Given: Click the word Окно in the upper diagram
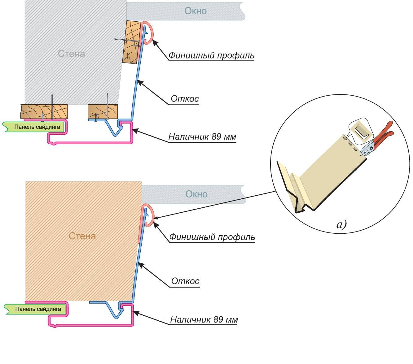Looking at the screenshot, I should click(x=196, y=11).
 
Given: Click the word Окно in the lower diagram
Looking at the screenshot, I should click(x=196, y=194).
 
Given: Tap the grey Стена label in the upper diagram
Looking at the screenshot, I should click(x=71, y=54).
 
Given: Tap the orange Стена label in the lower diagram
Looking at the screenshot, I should click(x=82, y=236).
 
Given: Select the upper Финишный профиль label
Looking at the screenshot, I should click(x=211, y=56).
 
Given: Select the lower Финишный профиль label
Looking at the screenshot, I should click(x=212, y=237).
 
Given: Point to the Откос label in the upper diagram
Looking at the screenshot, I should click(x=185, y=99).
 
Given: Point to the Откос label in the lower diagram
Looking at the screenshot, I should click(x=185, y=281).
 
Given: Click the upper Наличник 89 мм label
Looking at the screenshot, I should click(x=202, y=136).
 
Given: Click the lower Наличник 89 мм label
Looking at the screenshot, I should click(x=204, y=319).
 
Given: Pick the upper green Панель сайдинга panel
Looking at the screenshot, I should click(x=36, y=127).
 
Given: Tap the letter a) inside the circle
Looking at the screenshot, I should click(x=341, y=224).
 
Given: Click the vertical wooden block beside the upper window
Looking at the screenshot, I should click(x=132, y=42).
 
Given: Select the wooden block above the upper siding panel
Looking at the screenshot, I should click(x=44, y=111).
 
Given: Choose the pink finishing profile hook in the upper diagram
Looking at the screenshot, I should click(x=148, y=33).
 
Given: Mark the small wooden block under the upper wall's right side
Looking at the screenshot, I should click(x=103, y=111).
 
